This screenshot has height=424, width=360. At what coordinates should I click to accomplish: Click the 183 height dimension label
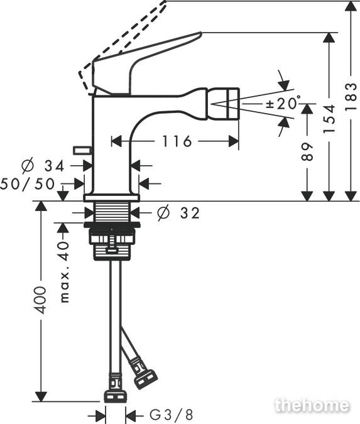(351, 96)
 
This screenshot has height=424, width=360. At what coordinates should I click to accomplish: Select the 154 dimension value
(329, 119)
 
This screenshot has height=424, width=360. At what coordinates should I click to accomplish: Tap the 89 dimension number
(307, 152)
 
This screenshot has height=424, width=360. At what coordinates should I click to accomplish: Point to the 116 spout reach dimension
(177, 141)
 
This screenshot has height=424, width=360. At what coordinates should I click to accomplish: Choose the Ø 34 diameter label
(43, 165)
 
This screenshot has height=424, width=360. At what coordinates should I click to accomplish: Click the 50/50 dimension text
(27, 184)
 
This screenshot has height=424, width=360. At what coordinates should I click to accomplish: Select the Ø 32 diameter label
(178, 213)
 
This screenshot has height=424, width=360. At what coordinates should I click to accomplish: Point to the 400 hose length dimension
(41, 300)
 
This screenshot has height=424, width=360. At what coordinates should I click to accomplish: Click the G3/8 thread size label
(172, 415)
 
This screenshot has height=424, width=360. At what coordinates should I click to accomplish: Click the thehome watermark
(312, 405)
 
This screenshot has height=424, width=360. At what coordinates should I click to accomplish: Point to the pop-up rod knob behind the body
(82, 150)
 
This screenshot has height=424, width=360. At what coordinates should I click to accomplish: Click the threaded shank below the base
(112, 212)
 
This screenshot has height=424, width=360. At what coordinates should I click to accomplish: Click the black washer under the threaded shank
(112, 225)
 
